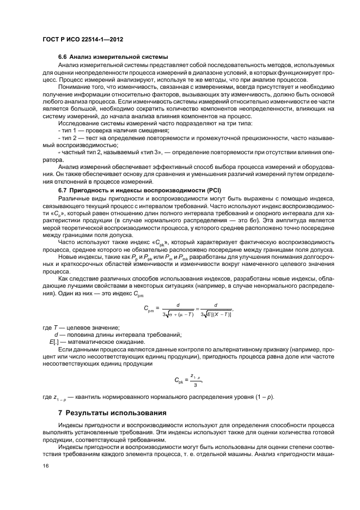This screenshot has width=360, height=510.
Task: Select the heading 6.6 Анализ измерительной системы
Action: pos(113,57)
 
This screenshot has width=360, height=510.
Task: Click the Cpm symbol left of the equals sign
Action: pos(151,308)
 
